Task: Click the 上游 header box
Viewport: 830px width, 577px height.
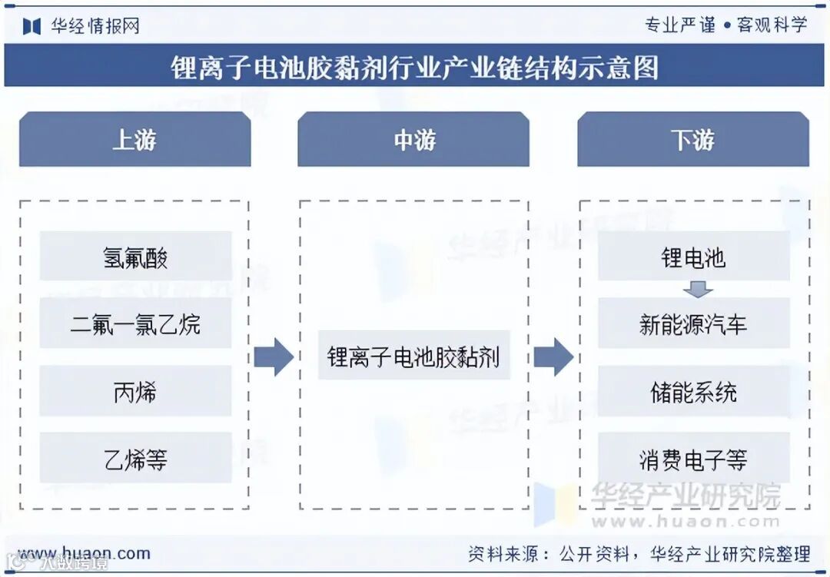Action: pos(134,139)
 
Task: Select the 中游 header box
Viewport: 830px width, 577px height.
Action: pos(413,139)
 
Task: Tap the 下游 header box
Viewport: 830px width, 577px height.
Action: pos(692,139)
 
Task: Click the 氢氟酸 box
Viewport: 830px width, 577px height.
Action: pos(135,257)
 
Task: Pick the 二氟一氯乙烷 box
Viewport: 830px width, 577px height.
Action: pos(135,323)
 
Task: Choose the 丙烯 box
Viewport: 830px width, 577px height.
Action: pos(135,391)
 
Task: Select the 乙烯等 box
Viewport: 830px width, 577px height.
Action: pos(135,458)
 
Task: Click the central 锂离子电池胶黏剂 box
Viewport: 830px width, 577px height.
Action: pos(413,356)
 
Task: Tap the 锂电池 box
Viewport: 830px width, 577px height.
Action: pos(693,257)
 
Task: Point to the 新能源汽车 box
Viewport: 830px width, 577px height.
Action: pos(693,323)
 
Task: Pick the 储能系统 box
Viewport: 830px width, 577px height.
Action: pos(693,391)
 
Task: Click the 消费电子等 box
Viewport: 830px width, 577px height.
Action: pos(693,458)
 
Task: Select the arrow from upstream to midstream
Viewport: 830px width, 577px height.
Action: pos(274,356)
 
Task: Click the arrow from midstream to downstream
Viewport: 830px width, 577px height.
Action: pos(553,356)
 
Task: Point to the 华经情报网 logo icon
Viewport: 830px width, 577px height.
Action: pos(32,26)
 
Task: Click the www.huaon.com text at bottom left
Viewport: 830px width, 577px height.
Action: pos(85,553)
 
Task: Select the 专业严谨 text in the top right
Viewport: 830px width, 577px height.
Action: pos(679,25)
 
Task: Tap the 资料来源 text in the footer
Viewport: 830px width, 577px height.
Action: pos(503,553)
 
